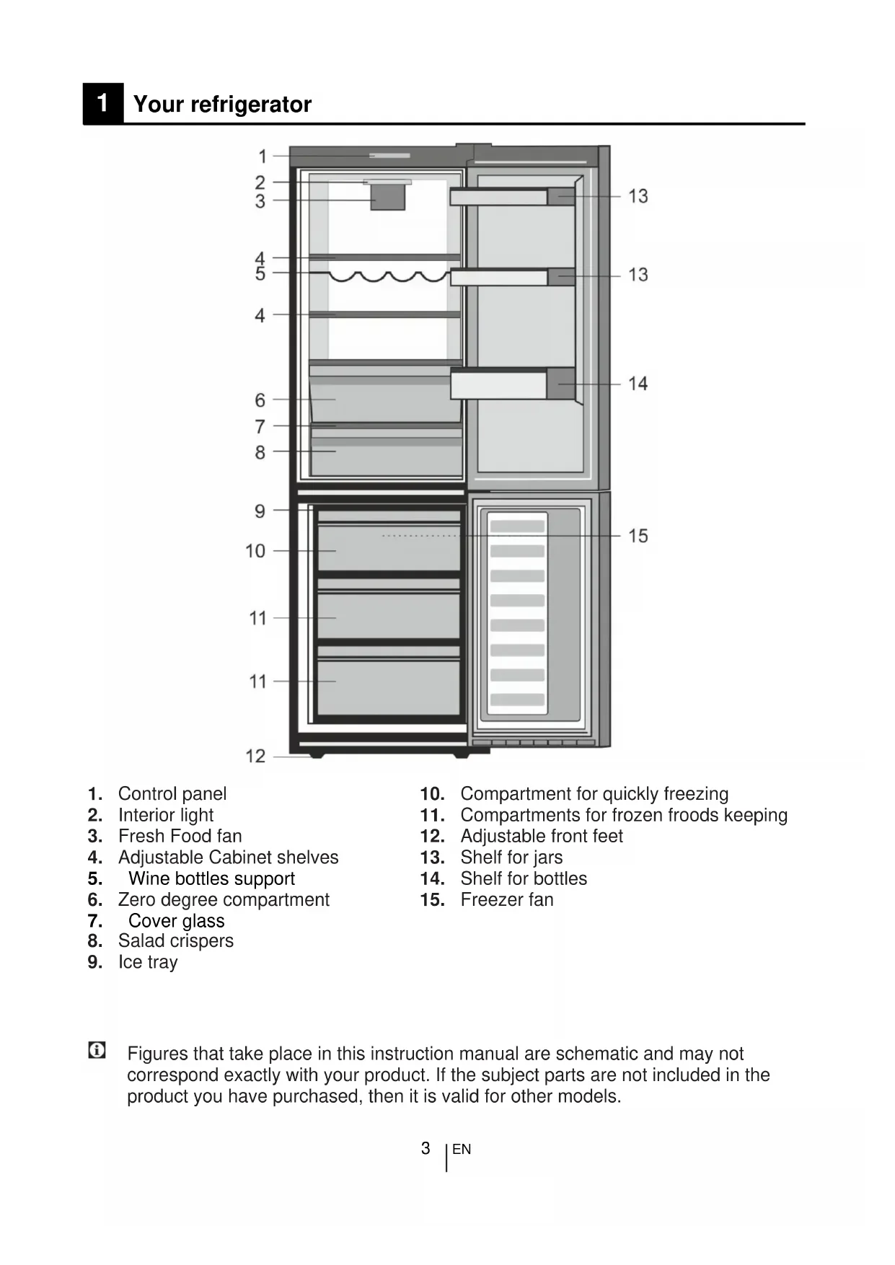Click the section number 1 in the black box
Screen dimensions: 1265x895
pos(102,103)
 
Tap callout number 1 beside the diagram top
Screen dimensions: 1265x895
pos(263,156)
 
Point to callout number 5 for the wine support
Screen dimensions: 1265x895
pos(260,274)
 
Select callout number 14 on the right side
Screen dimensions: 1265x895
pos(638,384)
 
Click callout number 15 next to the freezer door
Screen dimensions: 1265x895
pos(638,536)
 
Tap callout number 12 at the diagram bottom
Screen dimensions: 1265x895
pos(256,756)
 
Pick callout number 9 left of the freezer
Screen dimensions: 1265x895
pos(260,511)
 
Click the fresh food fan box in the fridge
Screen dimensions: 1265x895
pos(388,196)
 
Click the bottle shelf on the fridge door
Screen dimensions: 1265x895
pos(512,384)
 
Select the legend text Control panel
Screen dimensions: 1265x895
pos(172,794)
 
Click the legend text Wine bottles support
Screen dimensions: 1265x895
pos(211,878)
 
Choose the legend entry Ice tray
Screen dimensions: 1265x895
pos(148,962)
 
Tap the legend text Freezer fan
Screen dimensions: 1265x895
pos(507,899)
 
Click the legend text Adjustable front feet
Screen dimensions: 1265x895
pos(542,836)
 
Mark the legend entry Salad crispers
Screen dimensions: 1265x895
pos(176,941)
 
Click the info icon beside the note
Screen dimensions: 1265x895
pos(97,1051)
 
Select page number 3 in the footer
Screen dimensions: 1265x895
pos(426,1148)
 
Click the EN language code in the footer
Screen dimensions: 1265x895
pos(462,1150)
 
